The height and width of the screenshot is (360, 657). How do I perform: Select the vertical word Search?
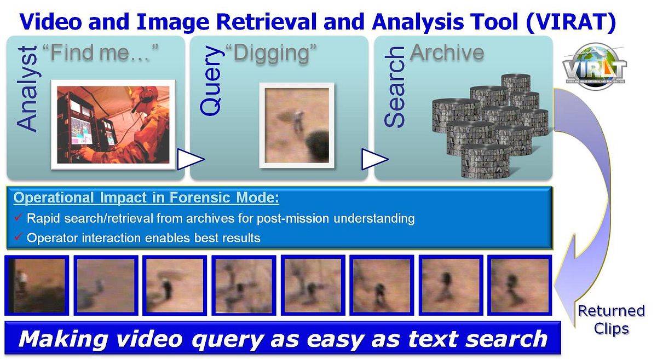[x=394, y=87]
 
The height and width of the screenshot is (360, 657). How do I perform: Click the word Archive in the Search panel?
[x=447, y=53]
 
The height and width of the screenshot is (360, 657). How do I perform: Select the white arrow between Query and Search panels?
[x=374, y=159]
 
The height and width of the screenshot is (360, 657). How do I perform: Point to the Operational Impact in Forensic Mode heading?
[x=146, y=198]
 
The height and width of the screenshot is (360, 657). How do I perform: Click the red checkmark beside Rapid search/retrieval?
[x=17, y=219]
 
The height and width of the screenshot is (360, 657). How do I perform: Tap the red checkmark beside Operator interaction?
[x=17, y=238]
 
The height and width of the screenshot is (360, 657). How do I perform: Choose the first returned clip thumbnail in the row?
[x=37, y=286]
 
